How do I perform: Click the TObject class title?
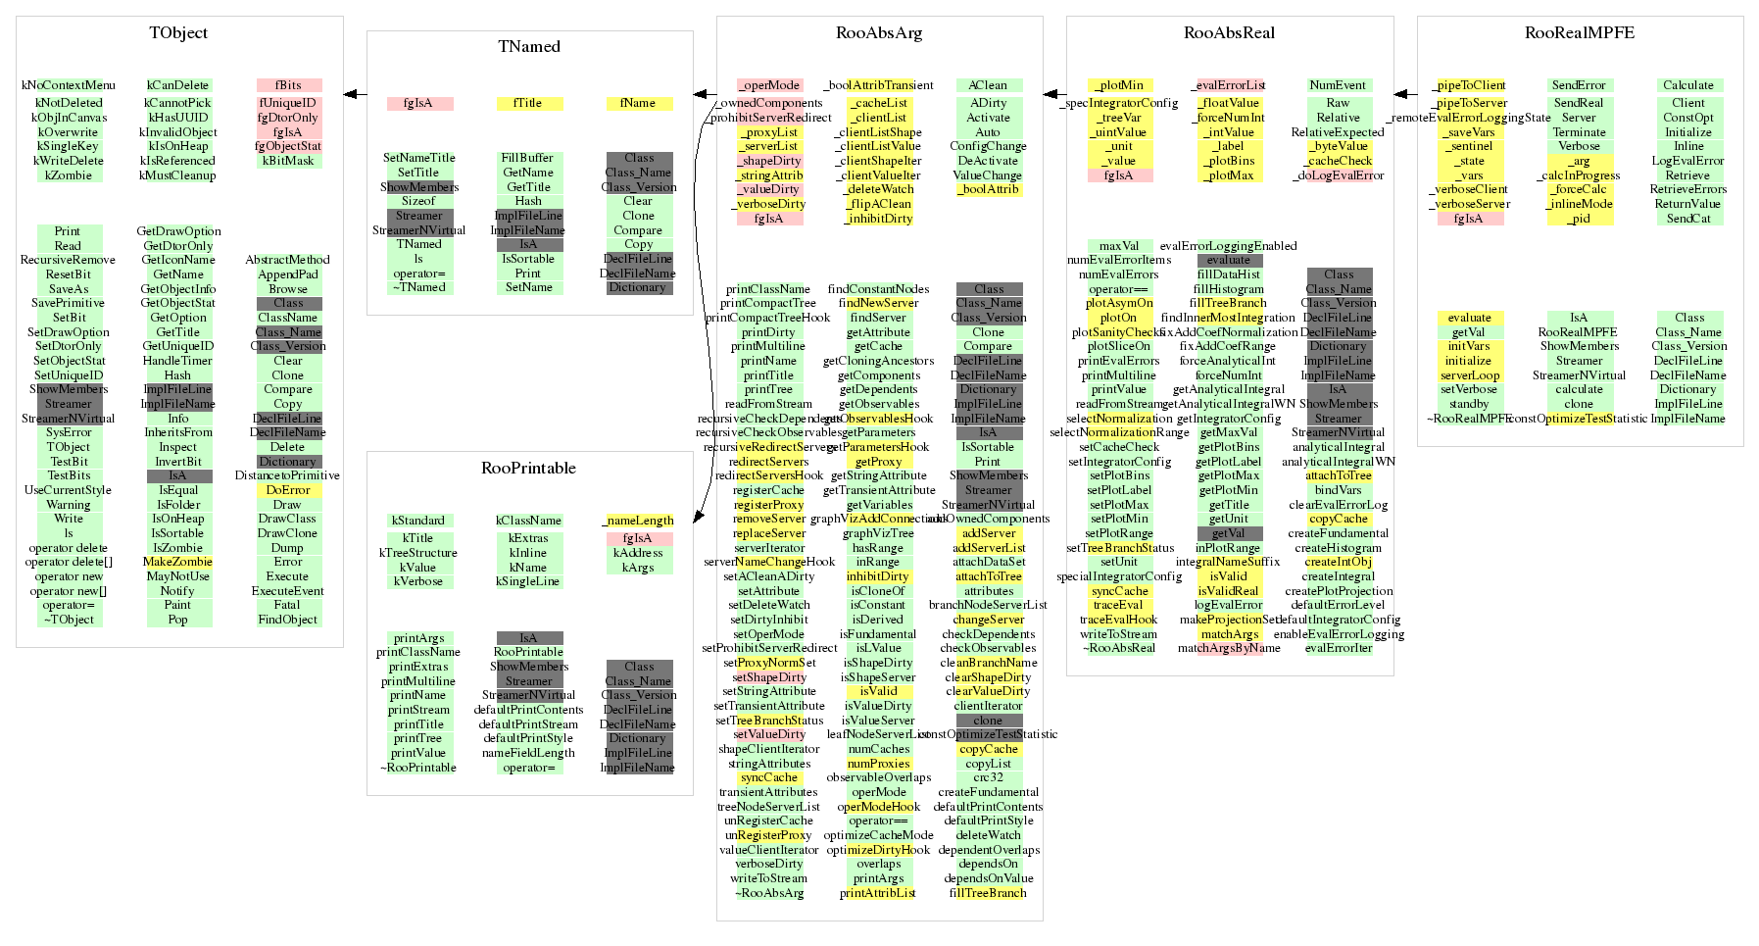pyautogui.click(x=178, y=33)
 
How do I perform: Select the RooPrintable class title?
pyautogui.click(x=528, y=469)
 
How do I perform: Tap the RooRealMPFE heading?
pyautogui.click(x=1579, y=33)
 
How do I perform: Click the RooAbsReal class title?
pyautogui.click(x=1229, y=33)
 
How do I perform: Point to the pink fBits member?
pyautogui.click(x=288, y=85)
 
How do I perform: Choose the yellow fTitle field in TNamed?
pyautogui.click(x=528, y=103)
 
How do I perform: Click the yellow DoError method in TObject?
pyautogui.click(x=288, y=490)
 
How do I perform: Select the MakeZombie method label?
pyautogui.click(x=177, y=563)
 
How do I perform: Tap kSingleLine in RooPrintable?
pyautogui.click(x=528, y=581)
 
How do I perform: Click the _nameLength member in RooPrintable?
pyautogui.click(x=638, y=521)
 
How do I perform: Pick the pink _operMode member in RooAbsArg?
pyautogui.click(x=769, y=85)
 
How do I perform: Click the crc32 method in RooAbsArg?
pyautogui.click(x=988, y=777)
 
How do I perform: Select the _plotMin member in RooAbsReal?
pyautogui.click(x=1119, y=85)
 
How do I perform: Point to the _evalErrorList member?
pyautogui.click(x=1229, y=85)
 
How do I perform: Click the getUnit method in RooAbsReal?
pyautogui.click(x=1229, y=520)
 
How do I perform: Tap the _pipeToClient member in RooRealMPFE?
pyautogui.click(x=1468, y=85)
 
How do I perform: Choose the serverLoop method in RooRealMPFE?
pyautogui.click(x=1469, y=375)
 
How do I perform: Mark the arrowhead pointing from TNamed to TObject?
pyautogui.click(x=350, y=95)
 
